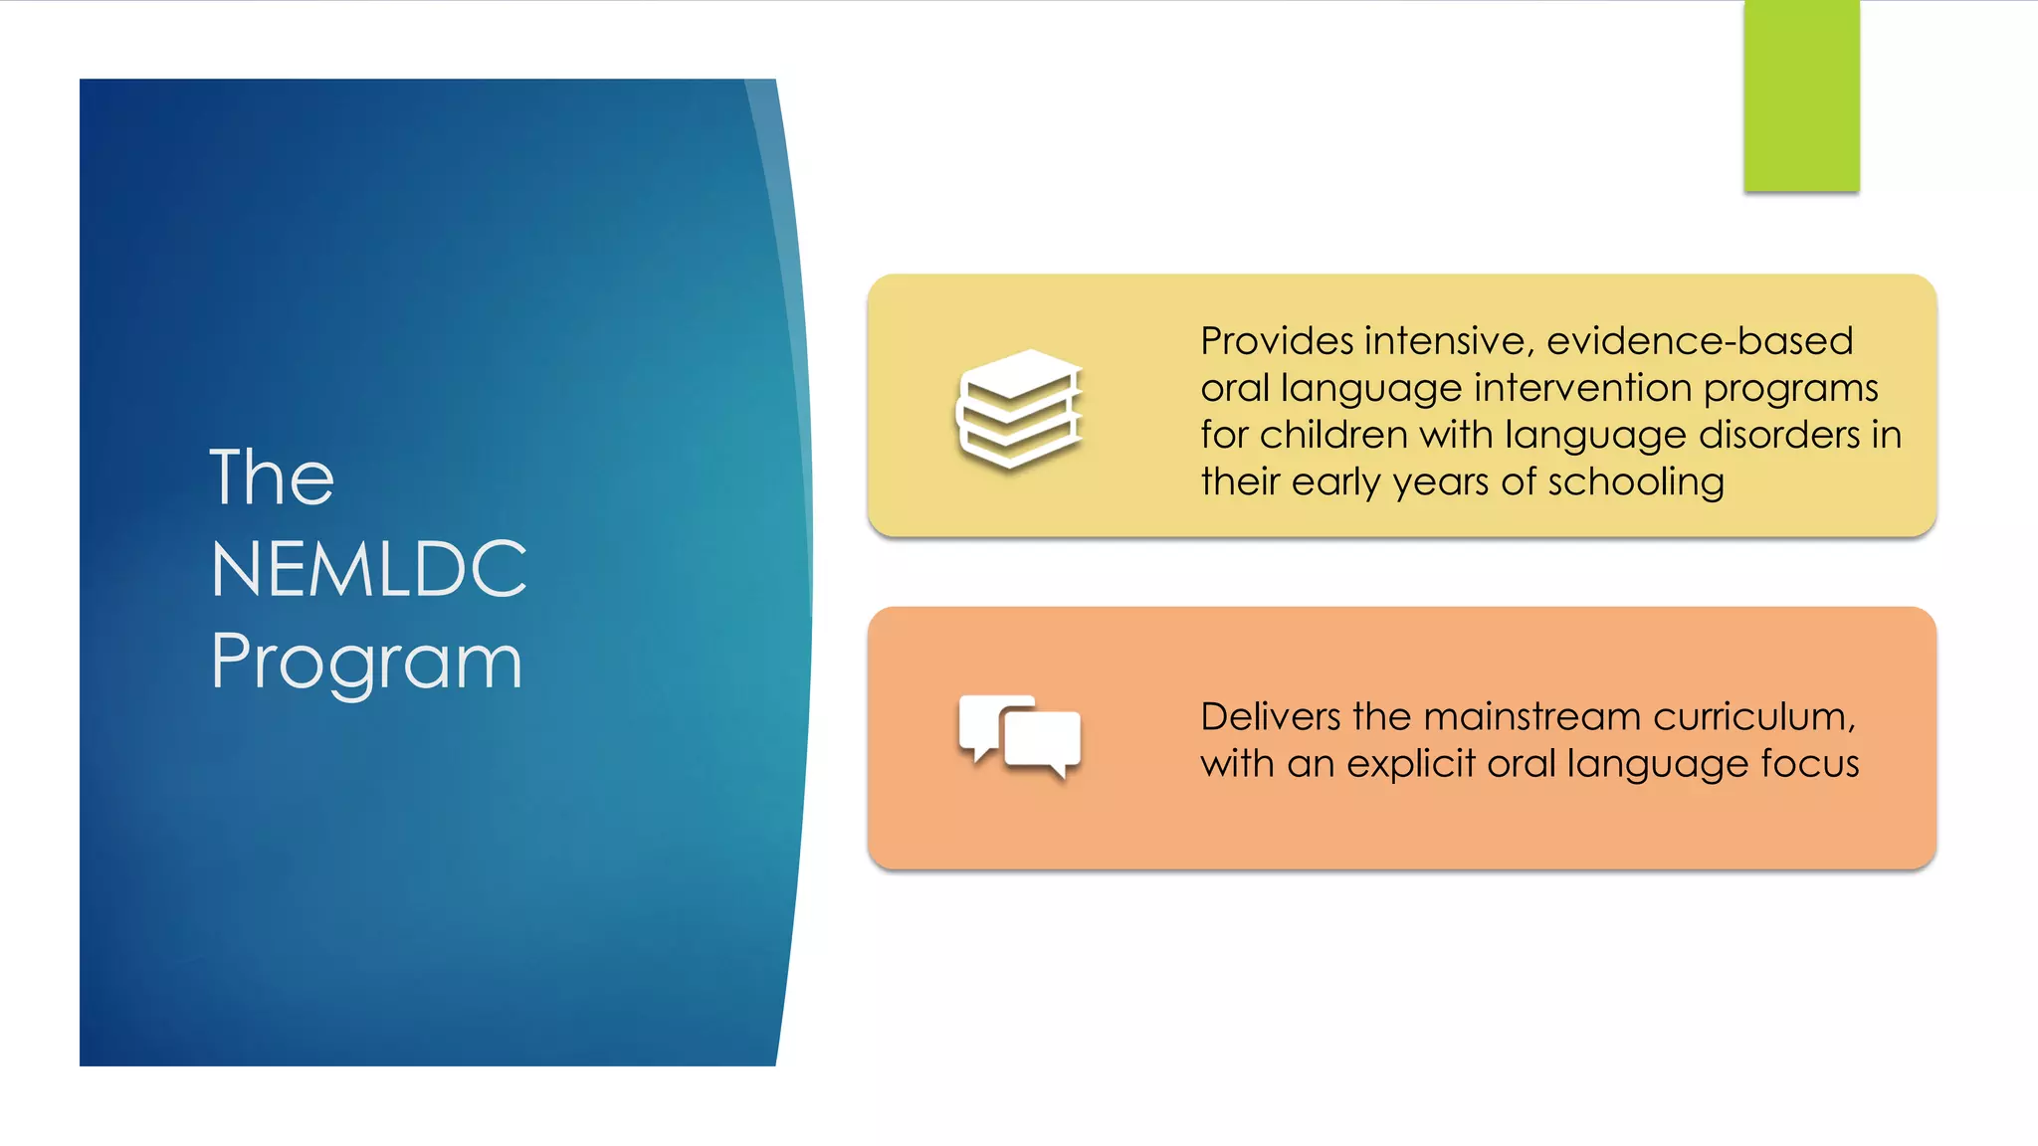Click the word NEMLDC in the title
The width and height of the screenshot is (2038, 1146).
click(368, 569)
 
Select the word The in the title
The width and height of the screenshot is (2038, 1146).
click(272, 477)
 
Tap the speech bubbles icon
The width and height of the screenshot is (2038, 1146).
click(1019, 736)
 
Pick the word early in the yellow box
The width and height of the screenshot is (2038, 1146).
click(1336, 483)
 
